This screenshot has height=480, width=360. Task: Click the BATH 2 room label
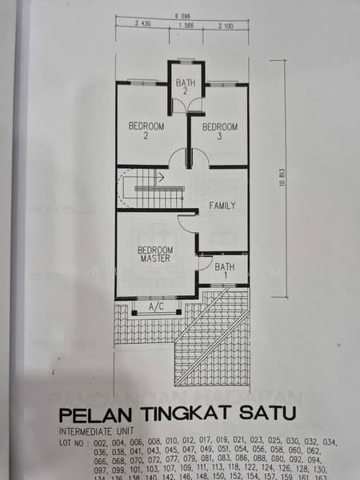point(186,86)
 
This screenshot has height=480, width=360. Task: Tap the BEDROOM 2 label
point(146,131)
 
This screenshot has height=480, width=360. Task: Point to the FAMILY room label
point(222,206)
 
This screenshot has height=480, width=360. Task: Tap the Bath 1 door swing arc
point(205,262)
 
